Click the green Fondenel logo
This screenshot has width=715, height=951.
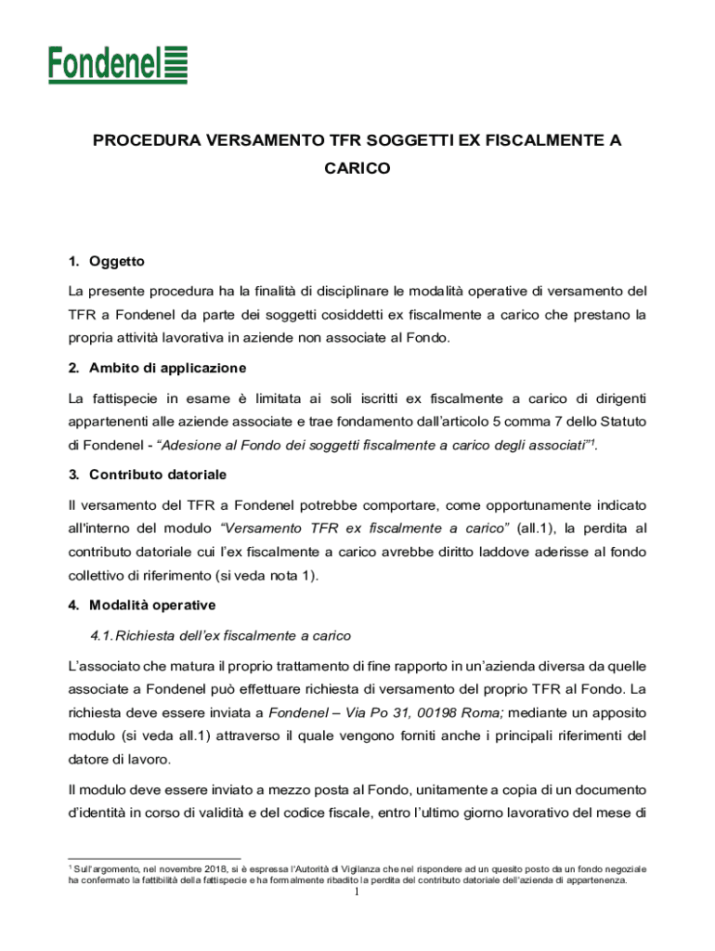click(118, 64)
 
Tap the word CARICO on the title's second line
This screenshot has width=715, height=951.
click(357, 169)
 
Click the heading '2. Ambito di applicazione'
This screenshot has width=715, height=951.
click(157, 368)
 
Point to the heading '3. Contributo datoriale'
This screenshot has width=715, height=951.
click(147, 475)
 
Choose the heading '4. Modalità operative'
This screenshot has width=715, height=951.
click(141, 606)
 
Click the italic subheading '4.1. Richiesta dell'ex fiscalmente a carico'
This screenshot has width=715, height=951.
click(218, 636)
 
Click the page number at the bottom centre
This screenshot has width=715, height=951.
click(357, 893)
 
